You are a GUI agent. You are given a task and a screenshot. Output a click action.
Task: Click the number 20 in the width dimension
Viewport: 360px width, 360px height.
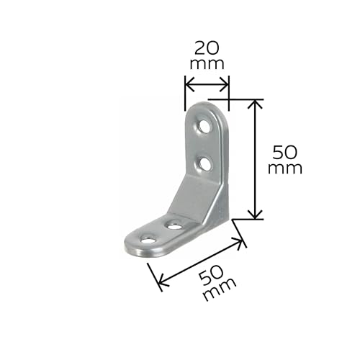[207, 48]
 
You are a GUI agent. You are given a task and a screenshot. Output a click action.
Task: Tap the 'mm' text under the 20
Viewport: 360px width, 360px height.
[207, 64]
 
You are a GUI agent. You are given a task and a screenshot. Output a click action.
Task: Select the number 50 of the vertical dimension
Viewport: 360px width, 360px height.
[285, 153]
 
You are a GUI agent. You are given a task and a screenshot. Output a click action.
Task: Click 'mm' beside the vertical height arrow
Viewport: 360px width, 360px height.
[285, 168]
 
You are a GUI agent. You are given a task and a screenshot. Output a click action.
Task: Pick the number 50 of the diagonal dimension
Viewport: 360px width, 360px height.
[212, 276]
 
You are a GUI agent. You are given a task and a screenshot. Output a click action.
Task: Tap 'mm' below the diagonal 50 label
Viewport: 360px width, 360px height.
[220, 289]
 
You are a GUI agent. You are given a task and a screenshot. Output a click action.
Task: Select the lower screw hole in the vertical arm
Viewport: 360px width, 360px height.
[206, 163]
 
